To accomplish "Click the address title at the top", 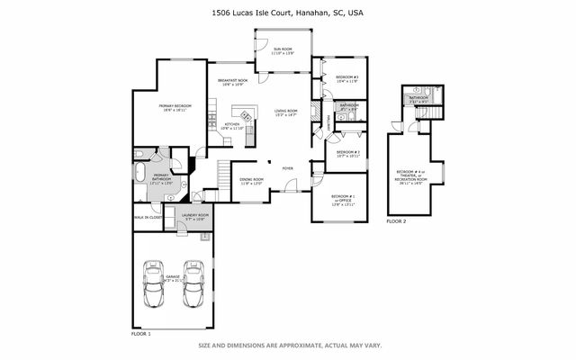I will (287, 13).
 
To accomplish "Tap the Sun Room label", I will (283, 51).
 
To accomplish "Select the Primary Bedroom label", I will (172, 108).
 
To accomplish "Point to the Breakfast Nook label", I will (232, 84).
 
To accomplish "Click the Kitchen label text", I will (231, 127).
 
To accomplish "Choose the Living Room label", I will (285, 112).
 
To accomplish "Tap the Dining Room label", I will (252, 181).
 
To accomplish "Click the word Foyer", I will (288, 168).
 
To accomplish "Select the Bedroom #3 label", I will (347, 79).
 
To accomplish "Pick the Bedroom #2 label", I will (348, 154).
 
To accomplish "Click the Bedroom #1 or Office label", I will (343, 200).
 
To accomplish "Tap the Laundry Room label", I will (195, 217).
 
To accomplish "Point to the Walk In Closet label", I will (148, 217).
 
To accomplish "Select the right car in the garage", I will (194, 291).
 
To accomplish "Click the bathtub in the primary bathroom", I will (142, 174).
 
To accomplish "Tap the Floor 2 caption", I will (396, 220).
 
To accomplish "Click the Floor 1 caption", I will (141, 334).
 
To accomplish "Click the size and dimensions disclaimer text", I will (287, 345).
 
